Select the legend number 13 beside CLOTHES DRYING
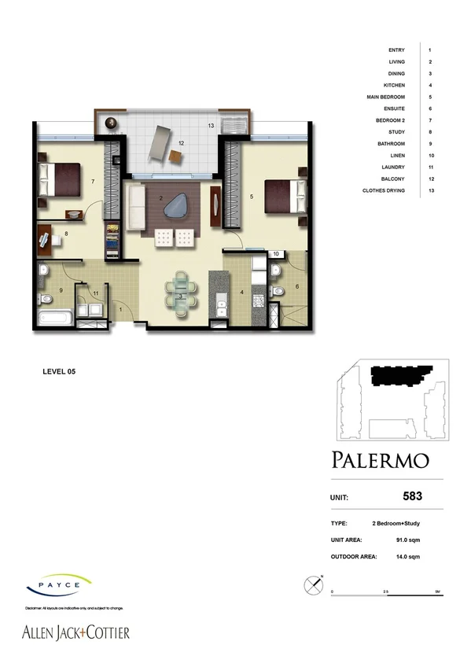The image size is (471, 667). click(x=430, y=190)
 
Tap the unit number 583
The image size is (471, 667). click(x=412, y=496)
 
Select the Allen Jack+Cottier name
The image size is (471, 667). click(x=75, y=632)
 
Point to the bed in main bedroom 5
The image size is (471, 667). click(x=284, y=195)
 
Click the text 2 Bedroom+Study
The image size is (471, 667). click(x=399, y=523)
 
